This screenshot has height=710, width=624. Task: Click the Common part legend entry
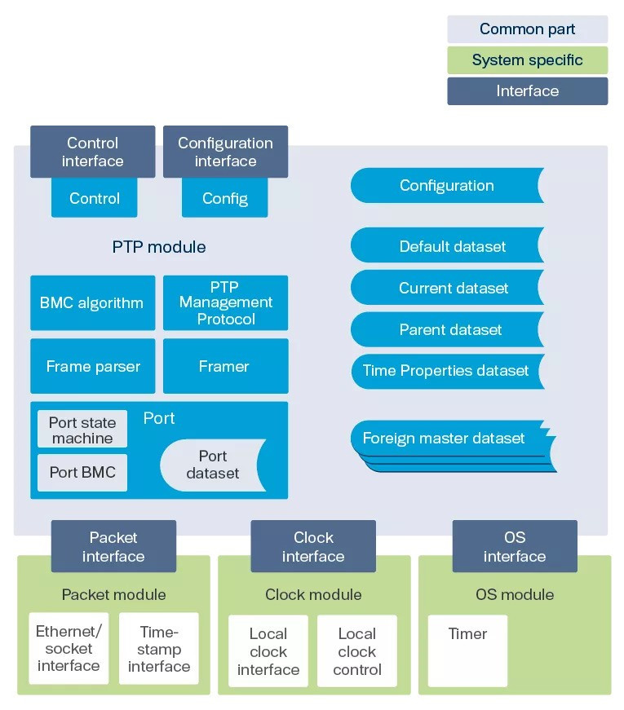click(x=527, y=29)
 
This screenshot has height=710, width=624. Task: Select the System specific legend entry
click(x=527, y=60)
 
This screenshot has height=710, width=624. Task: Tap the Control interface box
click(x=92, y=152)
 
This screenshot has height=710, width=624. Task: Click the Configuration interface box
click(x=225, y=152)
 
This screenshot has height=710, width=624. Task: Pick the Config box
click(x=224, y=198)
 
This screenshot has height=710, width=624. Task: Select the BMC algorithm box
click(x=91, y=302)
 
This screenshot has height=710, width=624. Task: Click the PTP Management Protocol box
click(x=225, y=302)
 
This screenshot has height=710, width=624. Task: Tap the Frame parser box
click(x=91, y=366)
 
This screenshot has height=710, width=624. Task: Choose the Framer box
click(x=225, y=366)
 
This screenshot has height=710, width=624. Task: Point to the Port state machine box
click(x=82, y=430)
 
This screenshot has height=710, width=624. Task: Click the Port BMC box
click(x=82, y=472)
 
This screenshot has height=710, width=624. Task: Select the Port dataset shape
click(x=212, y=465)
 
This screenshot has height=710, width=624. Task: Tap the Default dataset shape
click(x=447, y=246)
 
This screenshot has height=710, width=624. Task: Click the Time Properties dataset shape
click(x=447, y=371)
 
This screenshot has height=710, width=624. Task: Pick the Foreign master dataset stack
click(x=447, y=440)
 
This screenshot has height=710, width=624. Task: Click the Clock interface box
click(x=313, y=547)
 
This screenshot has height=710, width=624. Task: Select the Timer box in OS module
click(x=467, y=650)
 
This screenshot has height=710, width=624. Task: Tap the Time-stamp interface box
click(x=158, y=649)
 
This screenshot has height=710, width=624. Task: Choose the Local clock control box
click(x=356, y=651)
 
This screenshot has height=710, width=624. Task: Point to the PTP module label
click(x=159, y=246)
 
